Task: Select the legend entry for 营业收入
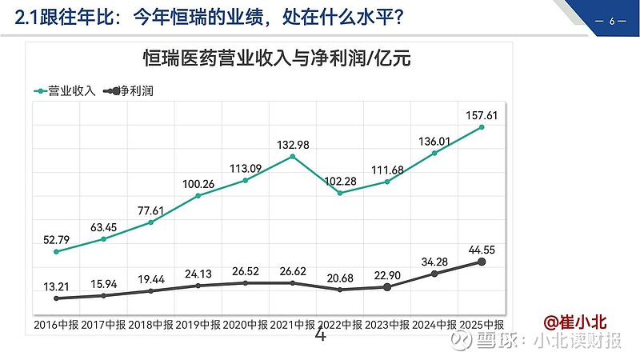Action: pos(65,91)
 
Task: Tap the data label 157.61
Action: pos(482,115)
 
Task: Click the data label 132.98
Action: pos(293,144)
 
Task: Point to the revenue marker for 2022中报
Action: pos(340,193)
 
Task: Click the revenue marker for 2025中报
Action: pos(482,127)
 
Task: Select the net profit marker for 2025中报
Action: pos(482,262)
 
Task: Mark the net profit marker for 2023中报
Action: pos(387,286)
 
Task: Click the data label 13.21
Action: pos(57,286)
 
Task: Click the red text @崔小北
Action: pos(575,322)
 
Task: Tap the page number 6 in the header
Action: pos(611,21)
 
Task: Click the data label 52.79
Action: pos(57,238)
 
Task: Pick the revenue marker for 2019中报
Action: pos(198,195)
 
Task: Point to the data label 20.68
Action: pos(340,276)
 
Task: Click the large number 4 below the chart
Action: pos(321,336)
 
